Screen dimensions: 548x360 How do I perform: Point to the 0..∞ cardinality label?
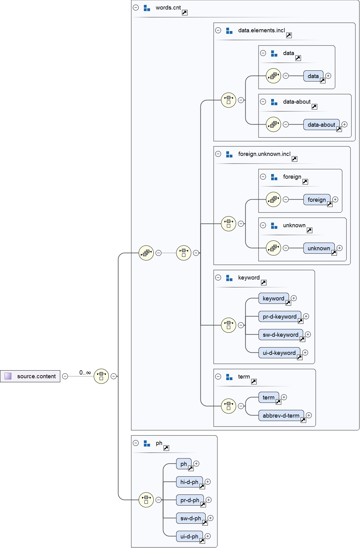point(85,372)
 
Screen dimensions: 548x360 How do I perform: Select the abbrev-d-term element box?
point(281,415)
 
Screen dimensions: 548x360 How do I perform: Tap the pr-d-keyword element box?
point(279,316)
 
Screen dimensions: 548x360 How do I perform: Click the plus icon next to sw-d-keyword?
point(308,334)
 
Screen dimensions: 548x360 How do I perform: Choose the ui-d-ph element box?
point(189,536)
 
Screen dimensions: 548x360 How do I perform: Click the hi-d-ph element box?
point(189,482)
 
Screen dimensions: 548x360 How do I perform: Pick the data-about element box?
point(321,125)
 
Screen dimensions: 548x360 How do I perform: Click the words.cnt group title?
point(168,8)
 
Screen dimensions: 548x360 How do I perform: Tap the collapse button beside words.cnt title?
point(136,8)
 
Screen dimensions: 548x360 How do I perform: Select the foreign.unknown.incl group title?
point(264,154)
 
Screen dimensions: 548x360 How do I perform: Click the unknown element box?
point(319,248)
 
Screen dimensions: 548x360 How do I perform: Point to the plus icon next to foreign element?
point(335,199)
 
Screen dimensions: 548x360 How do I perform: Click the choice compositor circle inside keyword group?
point(228,325)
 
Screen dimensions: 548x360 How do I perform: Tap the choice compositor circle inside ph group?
point(146,500)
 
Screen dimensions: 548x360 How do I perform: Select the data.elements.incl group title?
point(261,30)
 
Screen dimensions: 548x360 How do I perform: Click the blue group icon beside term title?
point(229,377)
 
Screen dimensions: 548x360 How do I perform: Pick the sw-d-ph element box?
point(190,518)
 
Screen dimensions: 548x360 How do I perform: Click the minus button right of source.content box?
point(65,376)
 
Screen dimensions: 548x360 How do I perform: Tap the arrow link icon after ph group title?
point(166,448)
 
